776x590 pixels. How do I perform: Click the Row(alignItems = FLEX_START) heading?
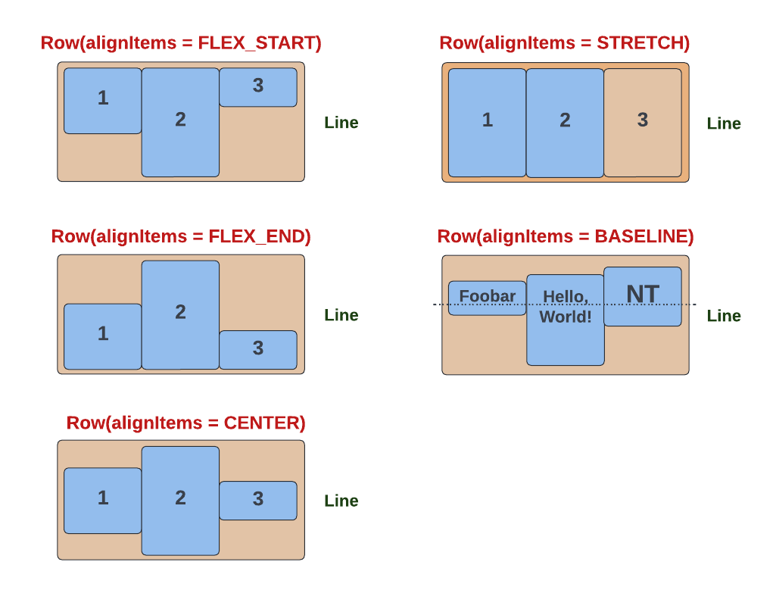point(181,43)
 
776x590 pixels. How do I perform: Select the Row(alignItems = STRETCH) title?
point(564,43)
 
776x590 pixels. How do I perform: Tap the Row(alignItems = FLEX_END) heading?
point(181,237)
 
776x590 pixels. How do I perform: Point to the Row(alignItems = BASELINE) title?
point(566,237)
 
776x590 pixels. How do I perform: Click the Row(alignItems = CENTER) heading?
point(186,423)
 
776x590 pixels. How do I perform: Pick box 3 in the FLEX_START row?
point(258,87)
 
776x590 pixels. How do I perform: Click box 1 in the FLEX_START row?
point(103,101)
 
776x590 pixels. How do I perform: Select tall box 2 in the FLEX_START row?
point(180,122)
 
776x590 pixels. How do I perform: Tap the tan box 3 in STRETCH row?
point(643,123)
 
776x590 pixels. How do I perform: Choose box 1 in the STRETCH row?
point(487,123)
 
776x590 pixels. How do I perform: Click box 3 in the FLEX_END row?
point(258,349)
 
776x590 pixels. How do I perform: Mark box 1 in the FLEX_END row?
point(103,336)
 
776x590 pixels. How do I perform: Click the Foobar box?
point(487,298)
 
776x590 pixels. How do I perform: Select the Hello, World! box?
point(566,320)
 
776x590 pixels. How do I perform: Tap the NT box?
point(643,296)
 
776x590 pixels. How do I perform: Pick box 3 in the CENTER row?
point(258,500)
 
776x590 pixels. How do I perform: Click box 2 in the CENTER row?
point(180,500)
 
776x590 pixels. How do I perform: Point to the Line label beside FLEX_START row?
point(341,123)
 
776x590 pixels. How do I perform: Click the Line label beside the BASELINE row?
point(724,316)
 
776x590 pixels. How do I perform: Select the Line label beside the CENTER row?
point(341,501)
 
